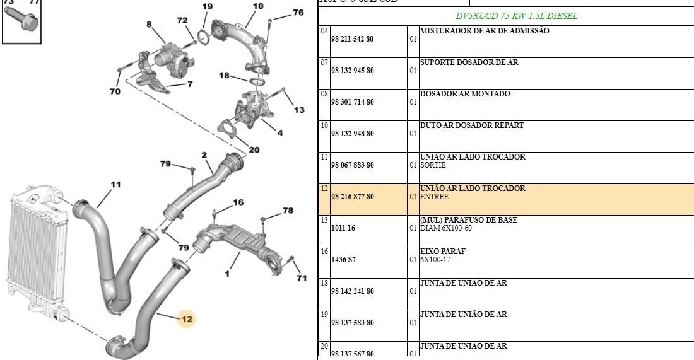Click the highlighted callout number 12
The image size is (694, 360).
point(187,319)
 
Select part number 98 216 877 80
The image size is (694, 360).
point(352,197)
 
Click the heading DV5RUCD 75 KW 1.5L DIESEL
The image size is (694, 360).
point(516,16)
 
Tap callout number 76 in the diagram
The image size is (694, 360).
point(298,13)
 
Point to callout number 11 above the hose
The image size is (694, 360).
point(115,185)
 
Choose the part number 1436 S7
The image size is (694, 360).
point(343,260)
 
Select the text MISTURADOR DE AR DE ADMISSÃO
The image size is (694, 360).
point(485,31)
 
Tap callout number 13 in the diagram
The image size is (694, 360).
point(298,110)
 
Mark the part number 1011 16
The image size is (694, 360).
point(343,228)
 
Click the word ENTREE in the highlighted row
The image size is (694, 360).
point(434,197)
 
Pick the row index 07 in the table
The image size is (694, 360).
point(324,62)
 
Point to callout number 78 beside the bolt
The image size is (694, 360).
point(288,211)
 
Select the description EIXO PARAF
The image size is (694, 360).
point(442,252)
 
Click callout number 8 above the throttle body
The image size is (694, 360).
point(149,25)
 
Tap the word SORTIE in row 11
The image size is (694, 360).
point(433,165)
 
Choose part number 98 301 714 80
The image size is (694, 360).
point(352,102)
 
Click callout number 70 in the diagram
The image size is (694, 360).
point(114,91)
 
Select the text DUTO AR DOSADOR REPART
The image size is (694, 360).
point(472,125)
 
